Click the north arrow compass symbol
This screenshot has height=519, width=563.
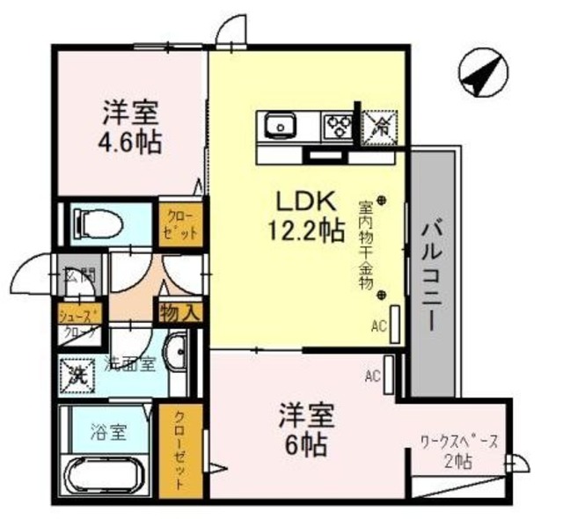pos(482,74)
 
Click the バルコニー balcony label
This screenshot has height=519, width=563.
pos(432,273)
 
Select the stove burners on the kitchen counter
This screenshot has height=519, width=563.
pos(337,125)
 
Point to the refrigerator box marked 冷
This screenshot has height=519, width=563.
pos(380,125)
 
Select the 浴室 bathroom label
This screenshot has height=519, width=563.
pos(110,432)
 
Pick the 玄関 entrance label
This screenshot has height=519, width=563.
pos(78,275)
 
